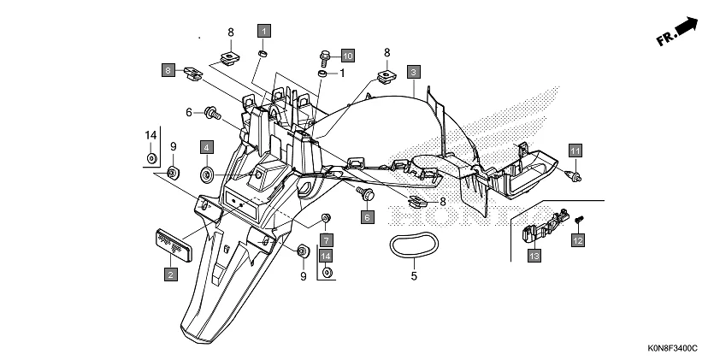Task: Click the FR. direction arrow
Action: click(x=676, y=33)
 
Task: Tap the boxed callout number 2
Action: click(x=171, y=274)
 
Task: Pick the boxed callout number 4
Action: click(x=206, y=147)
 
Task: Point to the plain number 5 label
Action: click(x=414, y=276)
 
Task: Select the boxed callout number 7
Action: click(x=326, y=239)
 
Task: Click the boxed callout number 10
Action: click(x=347, y=56)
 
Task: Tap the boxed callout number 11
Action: click(x=575, y=150)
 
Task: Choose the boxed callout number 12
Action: click(x=577, y=242)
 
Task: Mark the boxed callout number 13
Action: click(x=534, y=256)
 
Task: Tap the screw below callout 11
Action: click(x=574, y=176)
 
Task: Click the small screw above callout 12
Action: click(x=577, y=220)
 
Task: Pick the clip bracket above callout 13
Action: click(x=538, y=228)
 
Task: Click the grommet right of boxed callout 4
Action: click(x=207, y=175)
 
